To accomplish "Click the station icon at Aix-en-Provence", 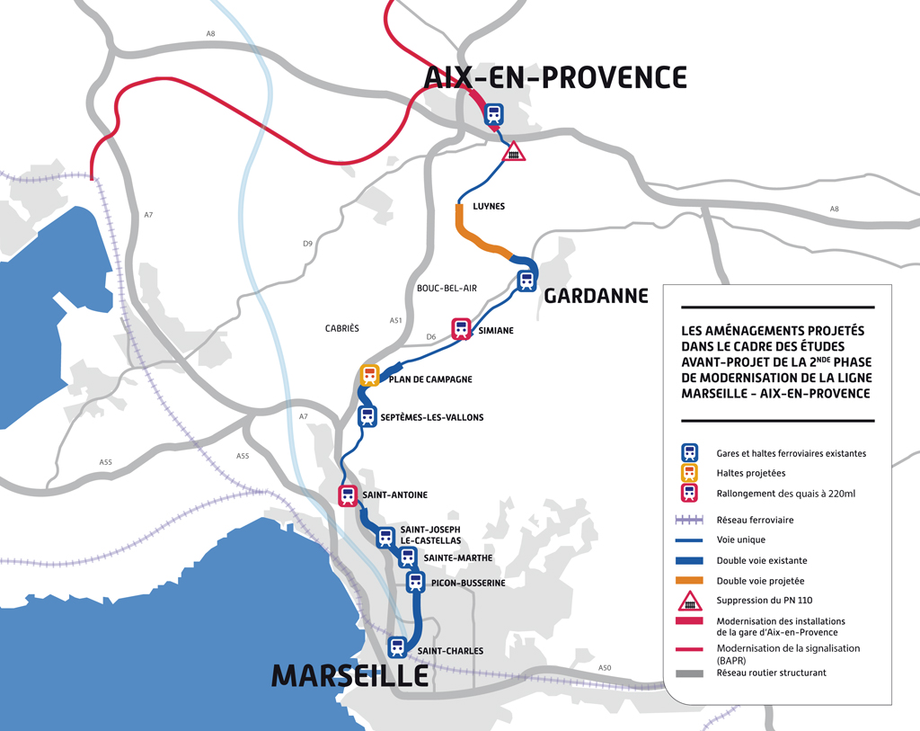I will [x=493, y=114].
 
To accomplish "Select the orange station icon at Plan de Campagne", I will [x=369, y=375].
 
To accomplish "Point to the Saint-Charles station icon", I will [x=397, y=646].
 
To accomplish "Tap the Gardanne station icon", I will [x=526, y=280].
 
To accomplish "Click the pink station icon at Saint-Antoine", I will [x=348, y=495].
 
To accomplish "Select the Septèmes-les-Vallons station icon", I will [x=367, y=416].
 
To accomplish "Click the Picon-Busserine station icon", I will [x=415, y=582].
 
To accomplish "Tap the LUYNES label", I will [x=489, y=207].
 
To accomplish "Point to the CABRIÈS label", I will [x=341, y=329].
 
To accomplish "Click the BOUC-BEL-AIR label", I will [x=447, y=288].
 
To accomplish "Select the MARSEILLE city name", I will [x=349, y=675].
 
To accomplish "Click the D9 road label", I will [x=307, y=244].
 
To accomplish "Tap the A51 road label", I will [x=395, y=320].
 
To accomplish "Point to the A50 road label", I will [x=605, y=668].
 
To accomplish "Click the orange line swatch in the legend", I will [x=689, y=582].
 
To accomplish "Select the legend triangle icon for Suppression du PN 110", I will [x=689, y=602].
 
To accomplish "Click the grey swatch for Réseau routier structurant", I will [x=689, y=673].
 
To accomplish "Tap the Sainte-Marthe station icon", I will [x=408, y=557].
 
